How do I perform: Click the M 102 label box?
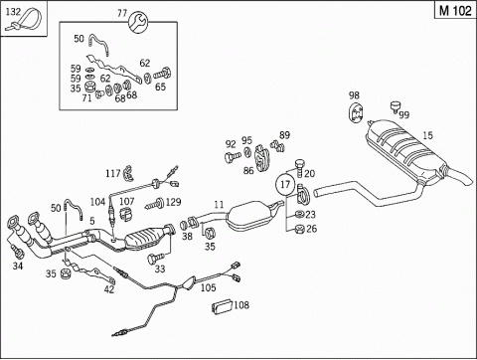pyautogui.click(x=455, y=11)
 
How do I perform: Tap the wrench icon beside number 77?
pyautogui.click(x=138, y=22)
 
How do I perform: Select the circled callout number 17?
pyautogui.click(x=285, y=185)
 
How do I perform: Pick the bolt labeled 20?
pyautogui.click(x=299, y=168)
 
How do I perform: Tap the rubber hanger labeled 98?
pyautogui.click(x=356, y=113)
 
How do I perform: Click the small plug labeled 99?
pyautogui.click(x=396, y=106)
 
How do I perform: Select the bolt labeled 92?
pyautogui.click(x=232, y=156)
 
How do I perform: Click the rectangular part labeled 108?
pyautogui.click(x=223, y=306)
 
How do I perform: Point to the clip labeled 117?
pyautogui.click(x=127, y=173)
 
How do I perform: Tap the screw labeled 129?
pyautogui.click(x=155, y=204)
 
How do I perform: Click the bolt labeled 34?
pyautogui.click(x=17, y=251)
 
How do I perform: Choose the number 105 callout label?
pyautogui.click(x=208, y=287)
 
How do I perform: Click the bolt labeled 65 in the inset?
pyautogui.click(x=162, y=73)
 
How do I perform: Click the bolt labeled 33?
pyautogui.click(x=156, y=258)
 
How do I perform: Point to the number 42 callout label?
pyautogui.click(x=109, y=289)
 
